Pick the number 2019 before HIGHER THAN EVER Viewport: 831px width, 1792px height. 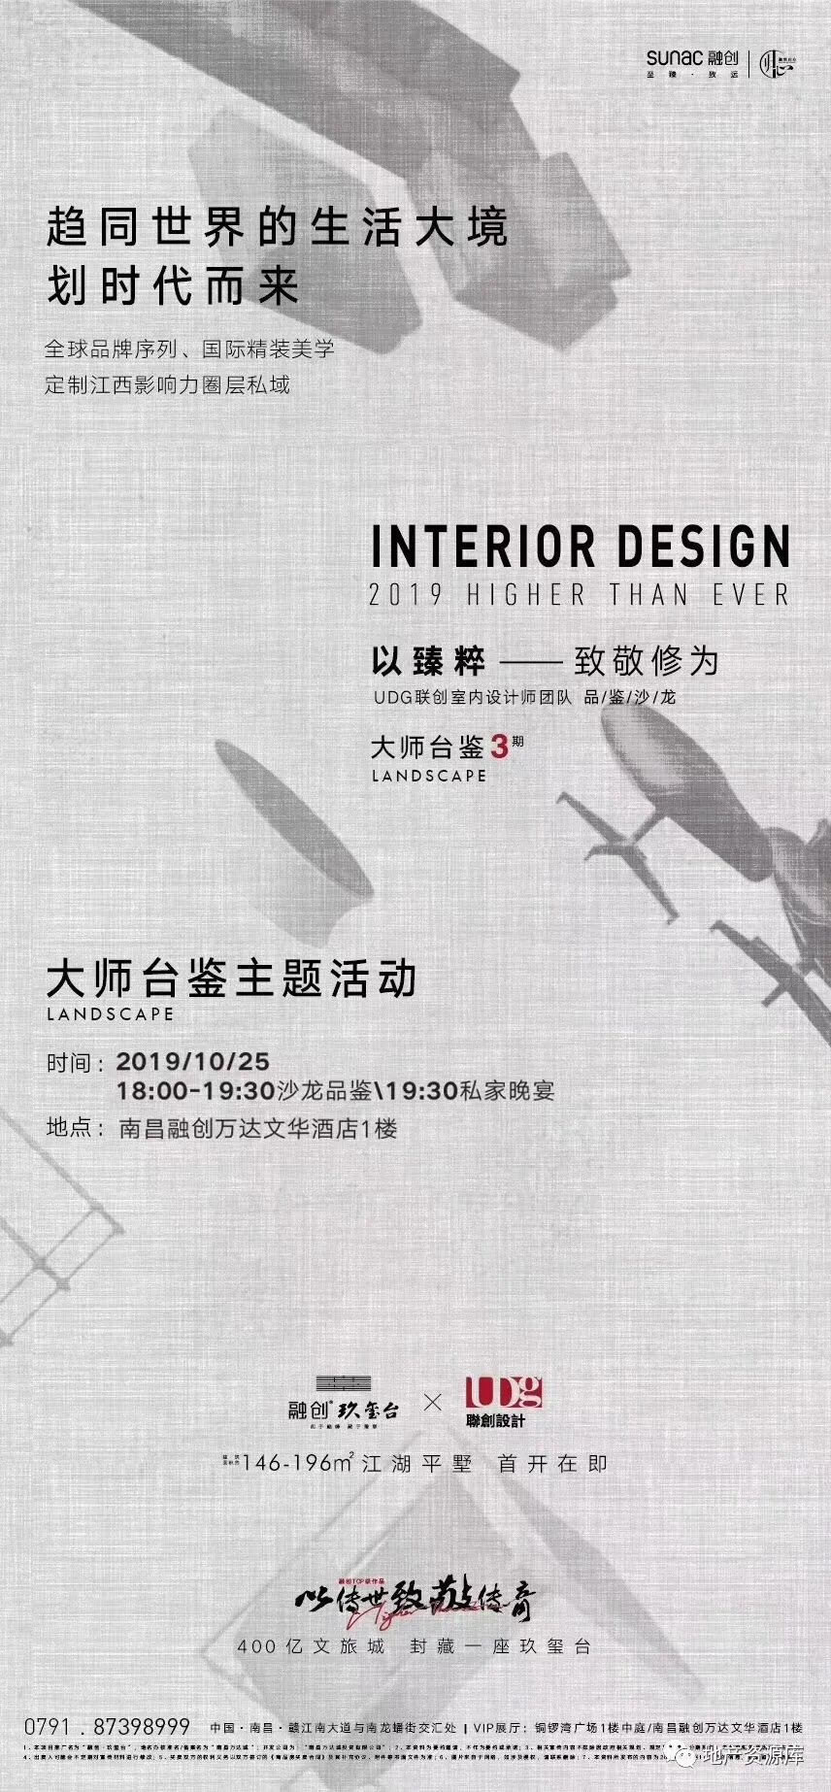[406, 594]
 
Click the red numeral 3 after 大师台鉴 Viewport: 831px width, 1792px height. [500, 747]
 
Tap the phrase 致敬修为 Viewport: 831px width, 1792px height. [647, 662]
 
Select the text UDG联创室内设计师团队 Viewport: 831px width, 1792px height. [473, 697]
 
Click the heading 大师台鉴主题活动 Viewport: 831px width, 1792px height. [232, 979]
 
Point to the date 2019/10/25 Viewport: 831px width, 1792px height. [193, 1062]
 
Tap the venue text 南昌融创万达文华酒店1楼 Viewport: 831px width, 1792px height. [258, 1129]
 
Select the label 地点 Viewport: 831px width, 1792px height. [70, 1129]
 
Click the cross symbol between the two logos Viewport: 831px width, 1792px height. [432, 1402]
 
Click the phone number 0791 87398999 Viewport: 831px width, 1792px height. [107, 1727]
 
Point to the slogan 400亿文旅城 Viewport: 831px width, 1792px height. [312, 1646]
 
